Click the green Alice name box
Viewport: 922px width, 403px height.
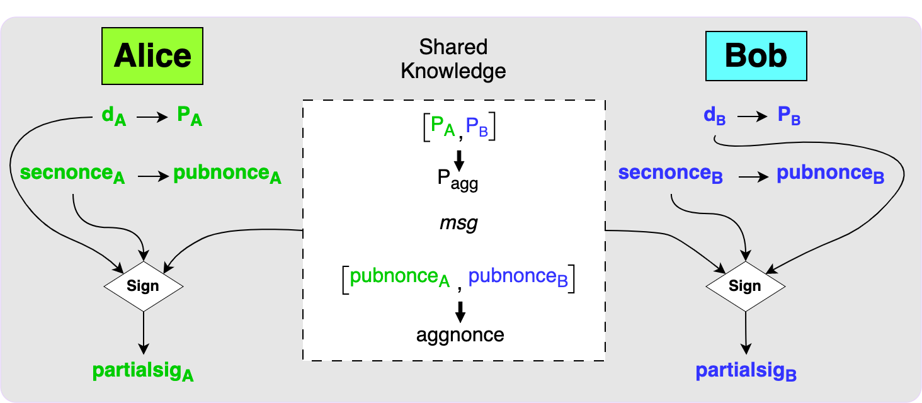click(152, 56)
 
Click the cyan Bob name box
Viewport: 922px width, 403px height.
click(756, 56)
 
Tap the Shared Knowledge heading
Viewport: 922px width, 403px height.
click(453, 59)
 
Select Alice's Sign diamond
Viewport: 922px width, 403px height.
click(143, 286)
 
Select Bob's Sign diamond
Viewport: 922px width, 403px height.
click(745, 286)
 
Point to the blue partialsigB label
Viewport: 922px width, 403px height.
click(746, 371)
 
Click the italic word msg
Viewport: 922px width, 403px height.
click(458, 224)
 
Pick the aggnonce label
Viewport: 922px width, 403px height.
click(460, 334)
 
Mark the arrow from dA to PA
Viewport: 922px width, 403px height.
click(149, 117)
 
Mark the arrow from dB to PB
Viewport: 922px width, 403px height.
click(753, 117)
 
